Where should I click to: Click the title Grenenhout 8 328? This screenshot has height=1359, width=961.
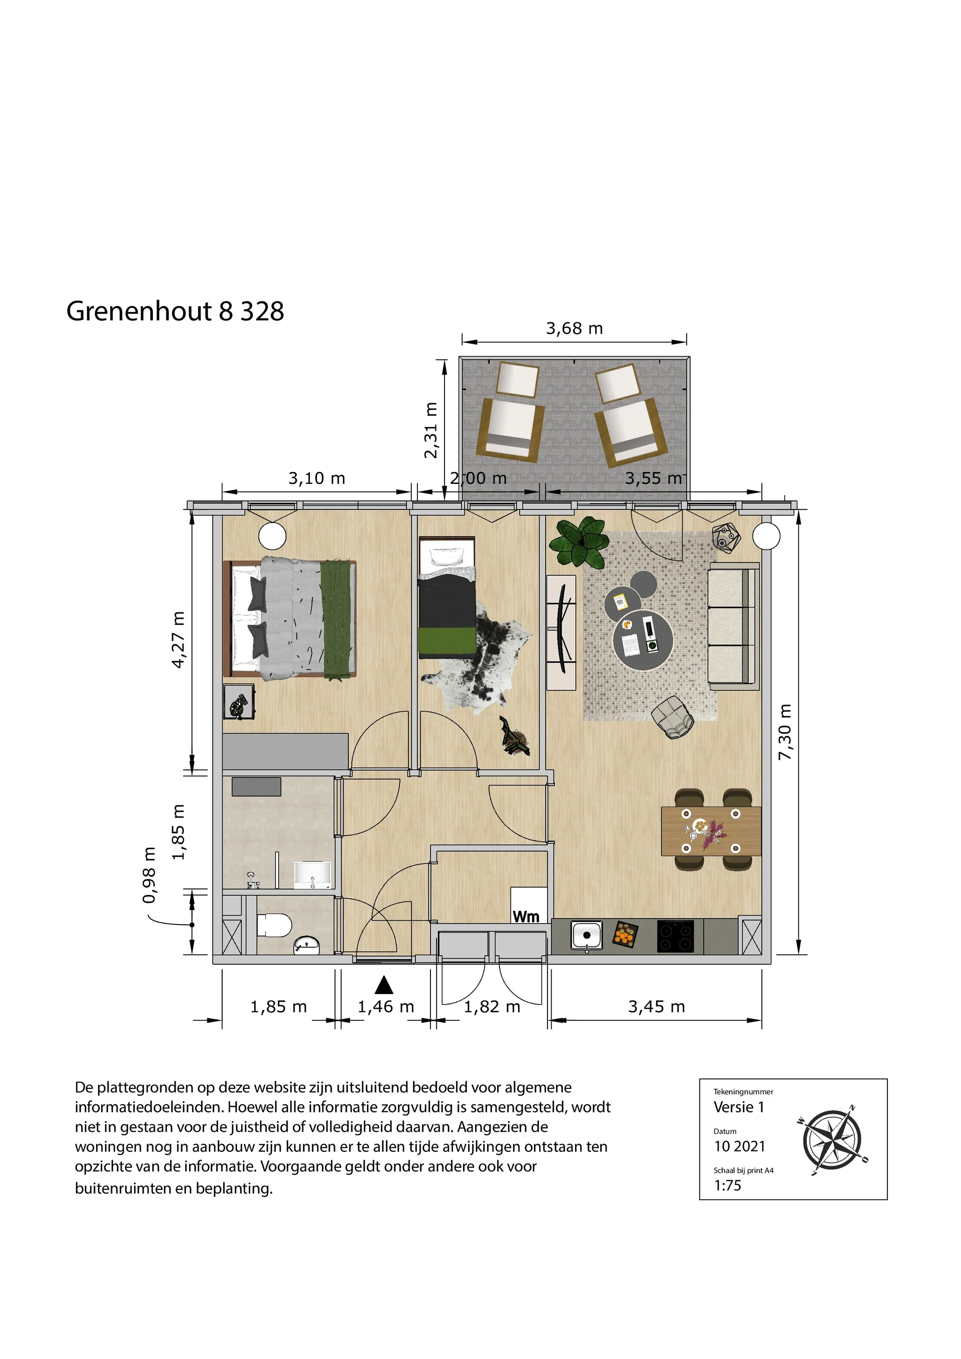(x=175, y=311)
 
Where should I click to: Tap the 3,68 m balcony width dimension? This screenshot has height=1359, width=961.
(x=575, y=329)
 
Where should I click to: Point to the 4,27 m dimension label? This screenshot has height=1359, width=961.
(x=178, y=640)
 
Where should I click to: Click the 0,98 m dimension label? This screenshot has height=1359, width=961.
(x=149, y=875)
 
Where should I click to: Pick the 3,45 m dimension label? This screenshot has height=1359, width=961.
(x=657, y=1007)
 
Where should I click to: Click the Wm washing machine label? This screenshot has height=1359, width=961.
(x=526, y=917)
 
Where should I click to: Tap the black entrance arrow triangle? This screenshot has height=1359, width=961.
(x=384, y=985)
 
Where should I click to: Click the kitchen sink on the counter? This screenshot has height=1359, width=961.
(x=587, y=935)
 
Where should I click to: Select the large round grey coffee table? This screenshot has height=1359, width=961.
(x=643, y=640)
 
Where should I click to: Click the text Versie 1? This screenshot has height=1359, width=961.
(x=739, y=1107)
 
